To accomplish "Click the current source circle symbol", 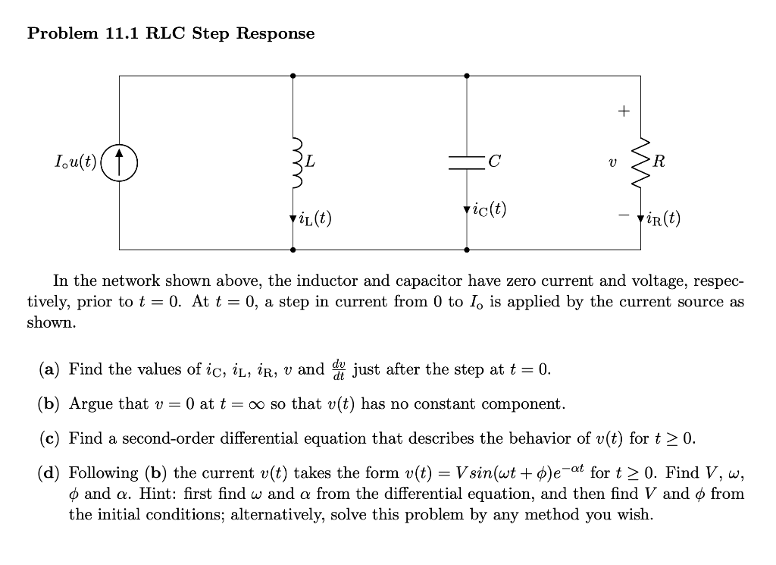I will [119, 162].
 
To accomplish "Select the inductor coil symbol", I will [294, 162].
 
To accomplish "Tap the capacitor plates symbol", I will [466, 162].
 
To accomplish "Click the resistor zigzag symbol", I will [640, 162].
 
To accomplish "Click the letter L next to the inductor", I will [311, 162].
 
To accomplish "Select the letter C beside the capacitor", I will [495, 162].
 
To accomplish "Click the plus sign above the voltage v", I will [622, 111].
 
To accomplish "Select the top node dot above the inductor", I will [293, 76].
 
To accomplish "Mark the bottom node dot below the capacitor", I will [466, 249].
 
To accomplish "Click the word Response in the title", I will [276, 33].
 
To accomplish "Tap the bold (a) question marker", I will [50, 370].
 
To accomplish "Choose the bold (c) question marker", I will [50, 438].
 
